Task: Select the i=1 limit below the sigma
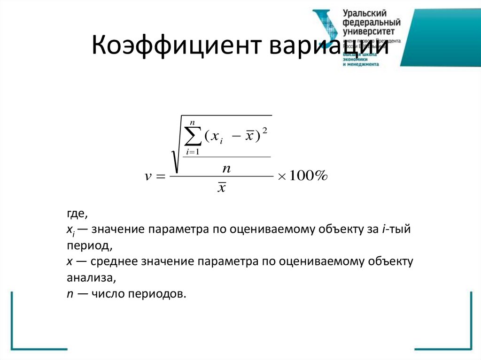pyautogui.click(x=193, y=152)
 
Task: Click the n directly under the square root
pyautogui.click(x=227, y=167)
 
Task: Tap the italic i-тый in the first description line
pyautogui.click(x=396, y=230)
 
